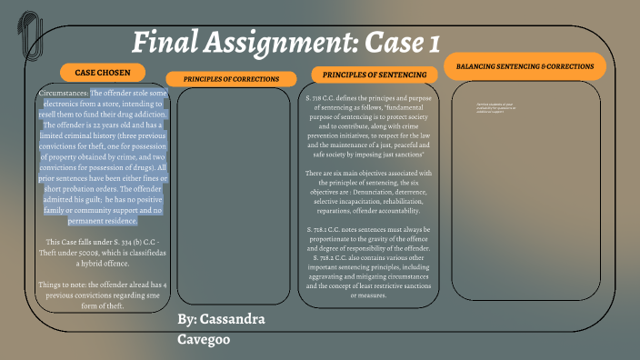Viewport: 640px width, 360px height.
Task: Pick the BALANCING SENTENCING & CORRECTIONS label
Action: [x=525, y=66]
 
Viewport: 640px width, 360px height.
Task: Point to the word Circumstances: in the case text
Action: [x=64, y=93]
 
